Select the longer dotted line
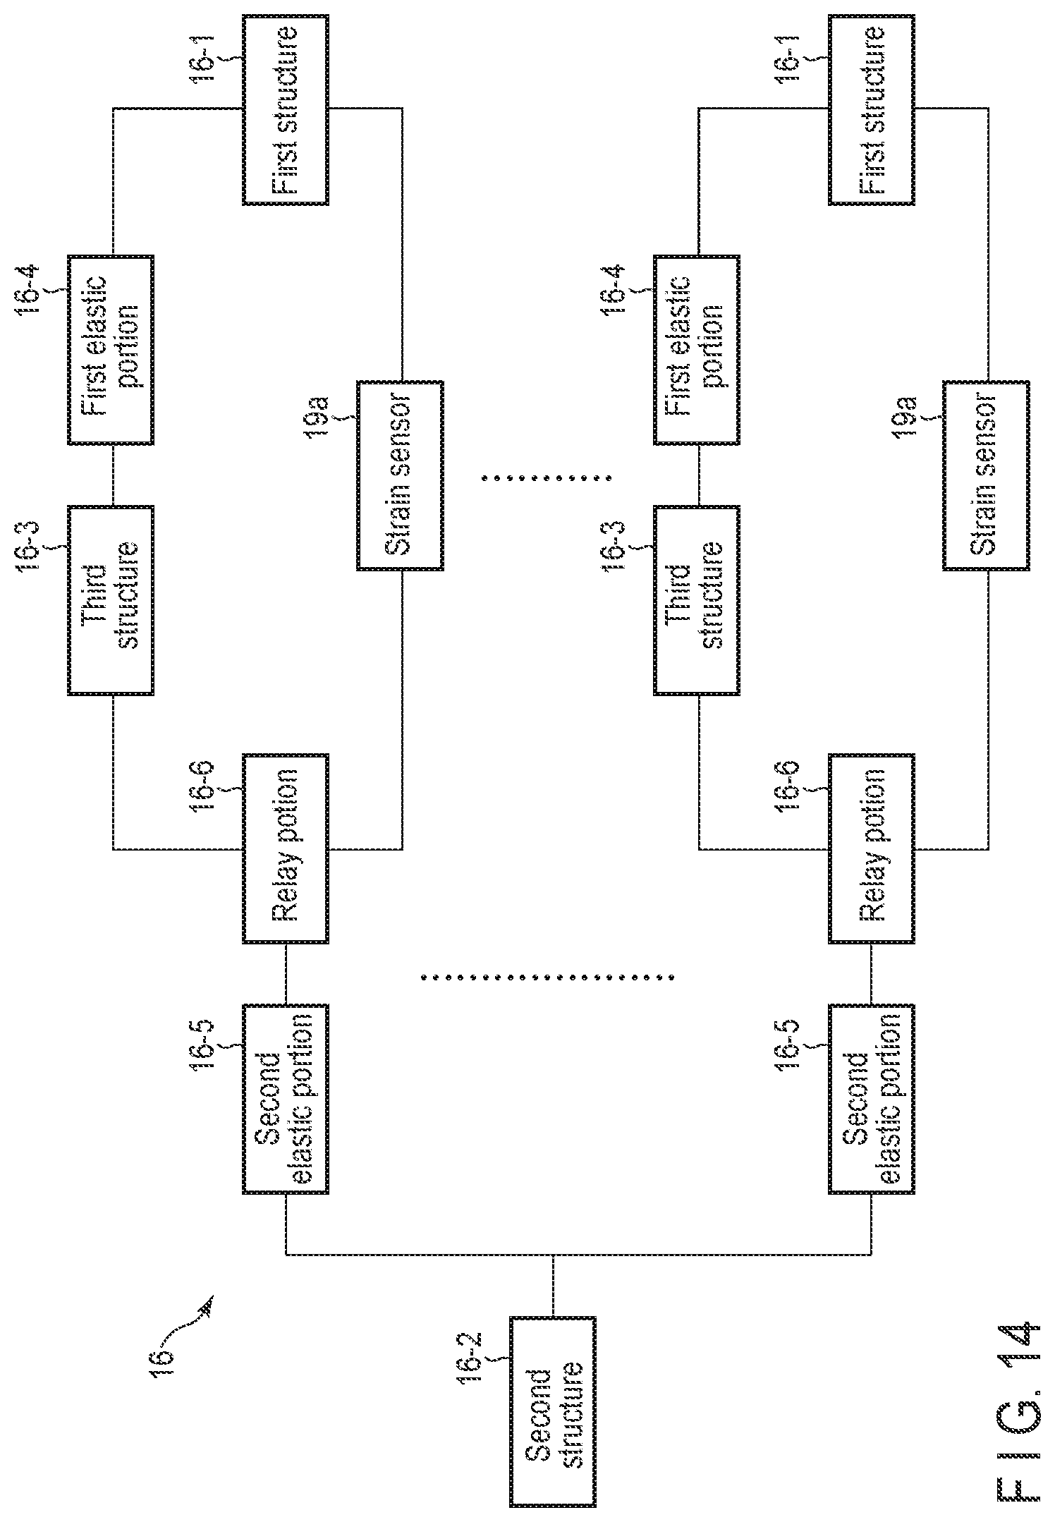click(x=547, y=978)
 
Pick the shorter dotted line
click(x=547, y=477)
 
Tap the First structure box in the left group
click(x=286, y=109)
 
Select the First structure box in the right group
click(x=872, y=109)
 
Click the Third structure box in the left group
click(x=111, y=599)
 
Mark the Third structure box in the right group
click(x=697, y=599)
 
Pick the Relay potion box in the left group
click(x=286, y=848)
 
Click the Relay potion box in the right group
click(x=872, y=848)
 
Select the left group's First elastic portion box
click(x=111, y=350)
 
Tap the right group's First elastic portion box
click(x=697, y=350)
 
